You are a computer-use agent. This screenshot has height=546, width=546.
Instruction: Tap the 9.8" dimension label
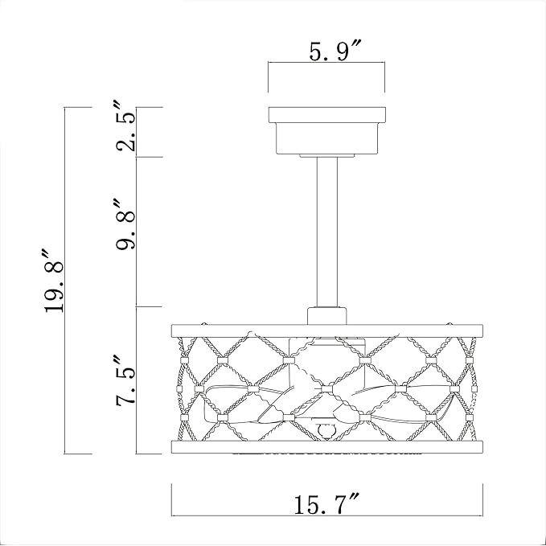(x=125, y=231)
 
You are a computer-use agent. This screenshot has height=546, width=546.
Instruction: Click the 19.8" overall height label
(x=54, y=281)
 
